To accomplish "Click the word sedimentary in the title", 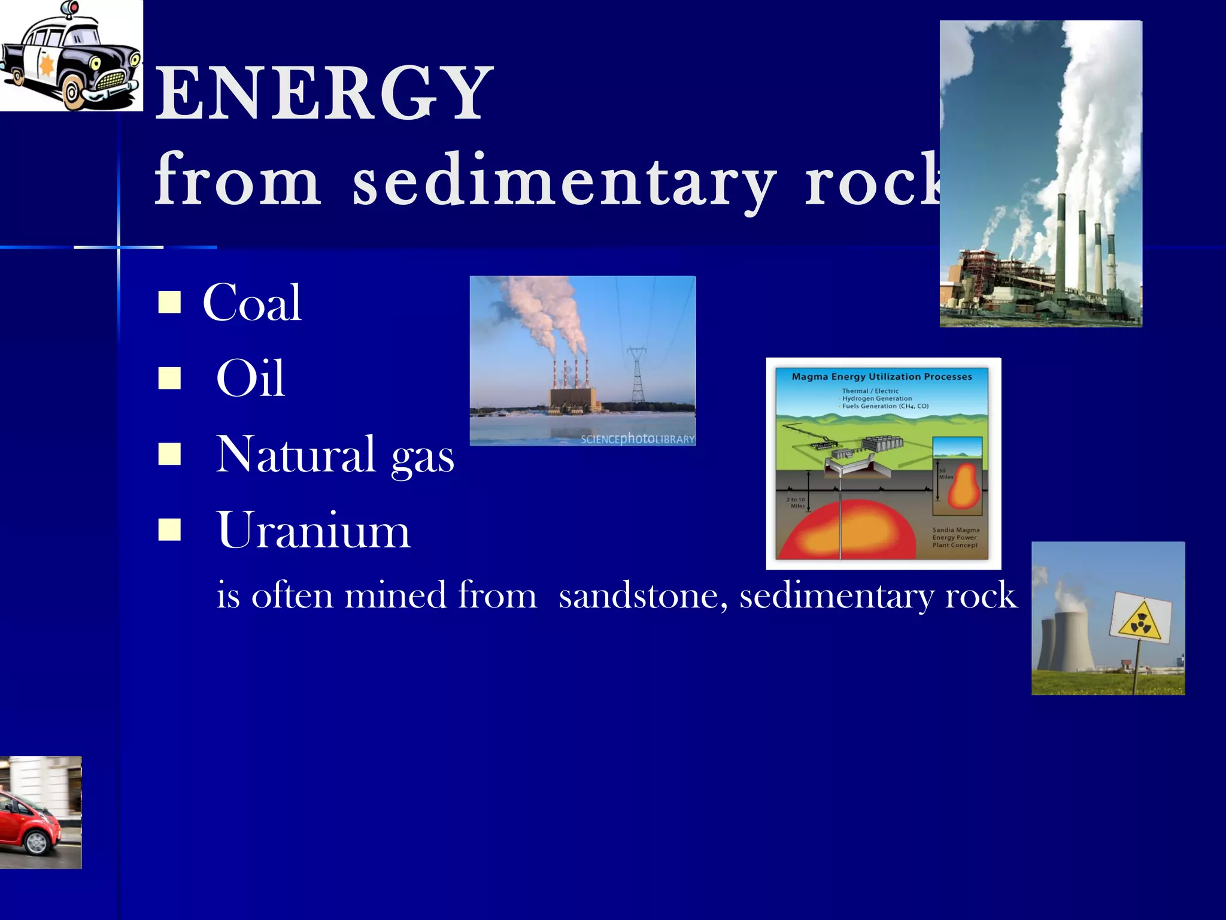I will click(x=563, y=180).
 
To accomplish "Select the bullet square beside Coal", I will click(x=169, y=302).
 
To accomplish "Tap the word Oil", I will click(x=250, y=378).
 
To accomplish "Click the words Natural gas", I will click(x=334, y=455).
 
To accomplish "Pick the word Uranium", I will click(x=313, y=530).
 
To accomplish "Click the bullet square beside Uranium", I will click(x=169, y=529).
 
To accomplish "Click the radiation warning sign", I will click(x=1141, y=621).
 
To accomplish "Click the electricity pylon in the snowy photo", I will click(x=638, y=374).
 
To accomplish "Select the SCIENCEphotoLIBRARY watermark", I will click(x=637, y=439).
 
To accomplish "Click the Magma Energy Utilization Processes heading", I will click(x=881, y=377).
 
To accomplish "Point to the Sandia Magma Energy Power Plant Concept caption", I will click(x=955, y=537).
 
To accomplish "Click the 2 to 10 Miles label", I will click(x=796, y=503).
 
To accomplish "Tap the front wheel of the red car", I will click(x=36, y=843).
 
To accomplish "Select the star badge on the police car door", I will click(x=46, y=65).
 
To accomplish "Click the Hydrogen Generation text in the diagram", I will click(x=877, y=398).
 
